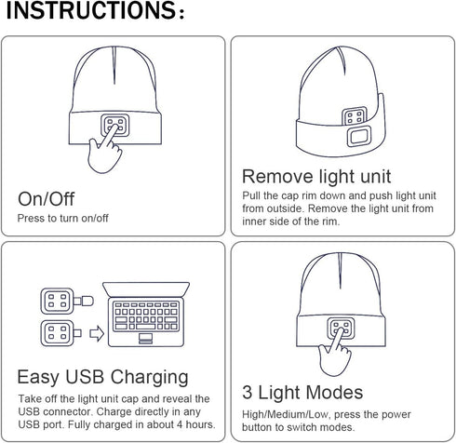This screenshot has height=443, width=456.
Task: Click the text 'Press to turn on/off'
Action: point(64,220)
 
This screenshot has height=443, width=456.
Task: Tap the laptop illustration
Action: point(148,316)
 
